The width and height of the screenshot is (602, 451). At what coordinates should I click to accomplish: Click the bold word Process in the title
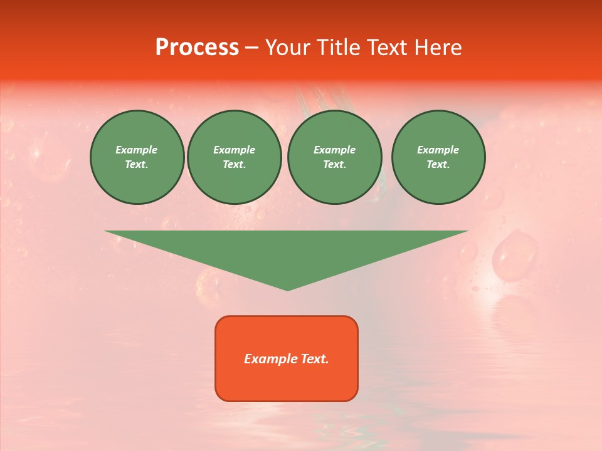pos(197,48)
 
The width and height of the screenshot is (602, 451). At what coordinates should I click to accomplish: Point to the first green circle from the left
pos(137,157)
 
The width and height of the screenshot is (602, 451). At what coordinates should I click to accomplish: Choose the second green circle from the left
pos(234,157)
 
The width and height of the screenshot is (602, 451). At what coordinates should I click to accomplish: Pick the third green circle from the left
pos(334,157)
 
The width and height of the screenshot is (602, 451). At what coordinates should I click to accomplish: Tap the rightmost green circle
pos(438,157)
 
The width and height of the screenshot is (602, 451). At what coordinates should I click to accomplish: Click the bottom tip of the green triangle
pos(287,289)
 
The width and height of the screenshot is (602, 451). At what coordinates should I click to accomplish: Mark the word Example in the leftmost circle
pos(137,150)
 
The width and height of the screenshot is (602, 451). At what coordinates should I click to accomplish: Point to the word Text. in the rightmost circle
pos(438,165)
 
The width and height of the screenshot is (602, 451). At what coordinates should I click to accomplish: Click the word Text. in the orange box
pos(315,359)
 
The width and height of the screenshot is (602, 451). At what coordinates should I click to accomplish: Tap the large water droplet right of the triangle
pos(514,256)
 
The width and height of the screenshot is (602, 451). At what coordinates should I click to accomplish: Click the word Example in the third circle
pos(334,150)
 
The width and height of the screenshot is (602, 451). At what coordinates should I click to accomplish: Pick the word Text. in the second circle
pos(234,165)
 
